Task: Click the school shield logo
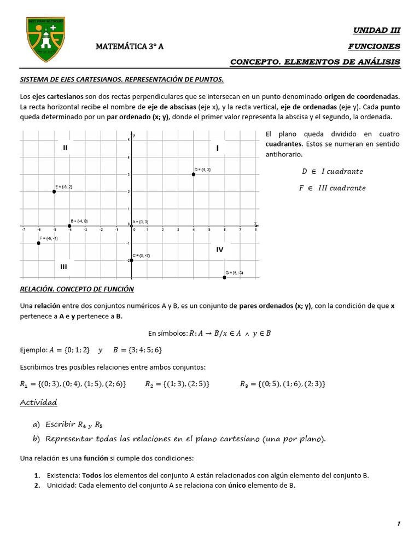(45, 39)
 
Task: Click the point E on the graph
(54, 191)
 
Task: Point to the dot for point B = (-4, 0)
(69, 226)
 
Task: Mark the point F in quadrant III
(38, 243)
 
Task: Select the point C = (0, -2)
(132, 260)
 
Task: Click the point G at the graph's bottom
(225, 277)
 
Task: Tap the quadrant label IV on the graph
(219, 249)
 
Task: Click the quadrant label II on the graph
(65, 148)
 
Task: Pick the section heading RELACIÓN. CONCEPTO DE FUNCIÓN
(77, 289)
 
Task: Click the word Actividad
(38, 402)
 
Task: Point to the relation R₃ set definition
(283, 384)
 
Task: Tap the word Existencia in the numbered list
(63, 475)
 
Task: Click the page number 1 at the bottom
(399, 524)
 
